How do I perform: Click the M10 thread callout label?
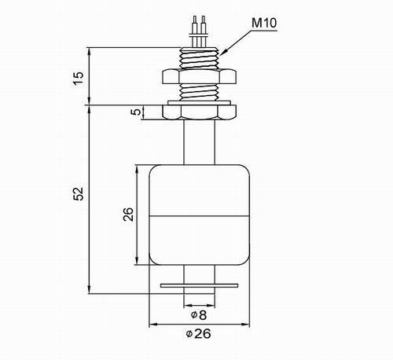(264, 23)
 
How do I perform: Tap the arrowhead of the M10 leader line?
(222, 53)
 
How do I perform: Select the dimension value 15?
(79, 78)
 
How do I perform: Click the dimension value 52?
(79, 193)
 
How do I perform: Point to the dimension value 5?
(136, 112)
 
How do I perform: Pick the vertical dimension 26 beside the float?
(128, 214)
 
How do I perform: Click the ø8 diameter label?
(199, 315)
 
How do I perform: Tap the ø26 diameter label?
(198, 334)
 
